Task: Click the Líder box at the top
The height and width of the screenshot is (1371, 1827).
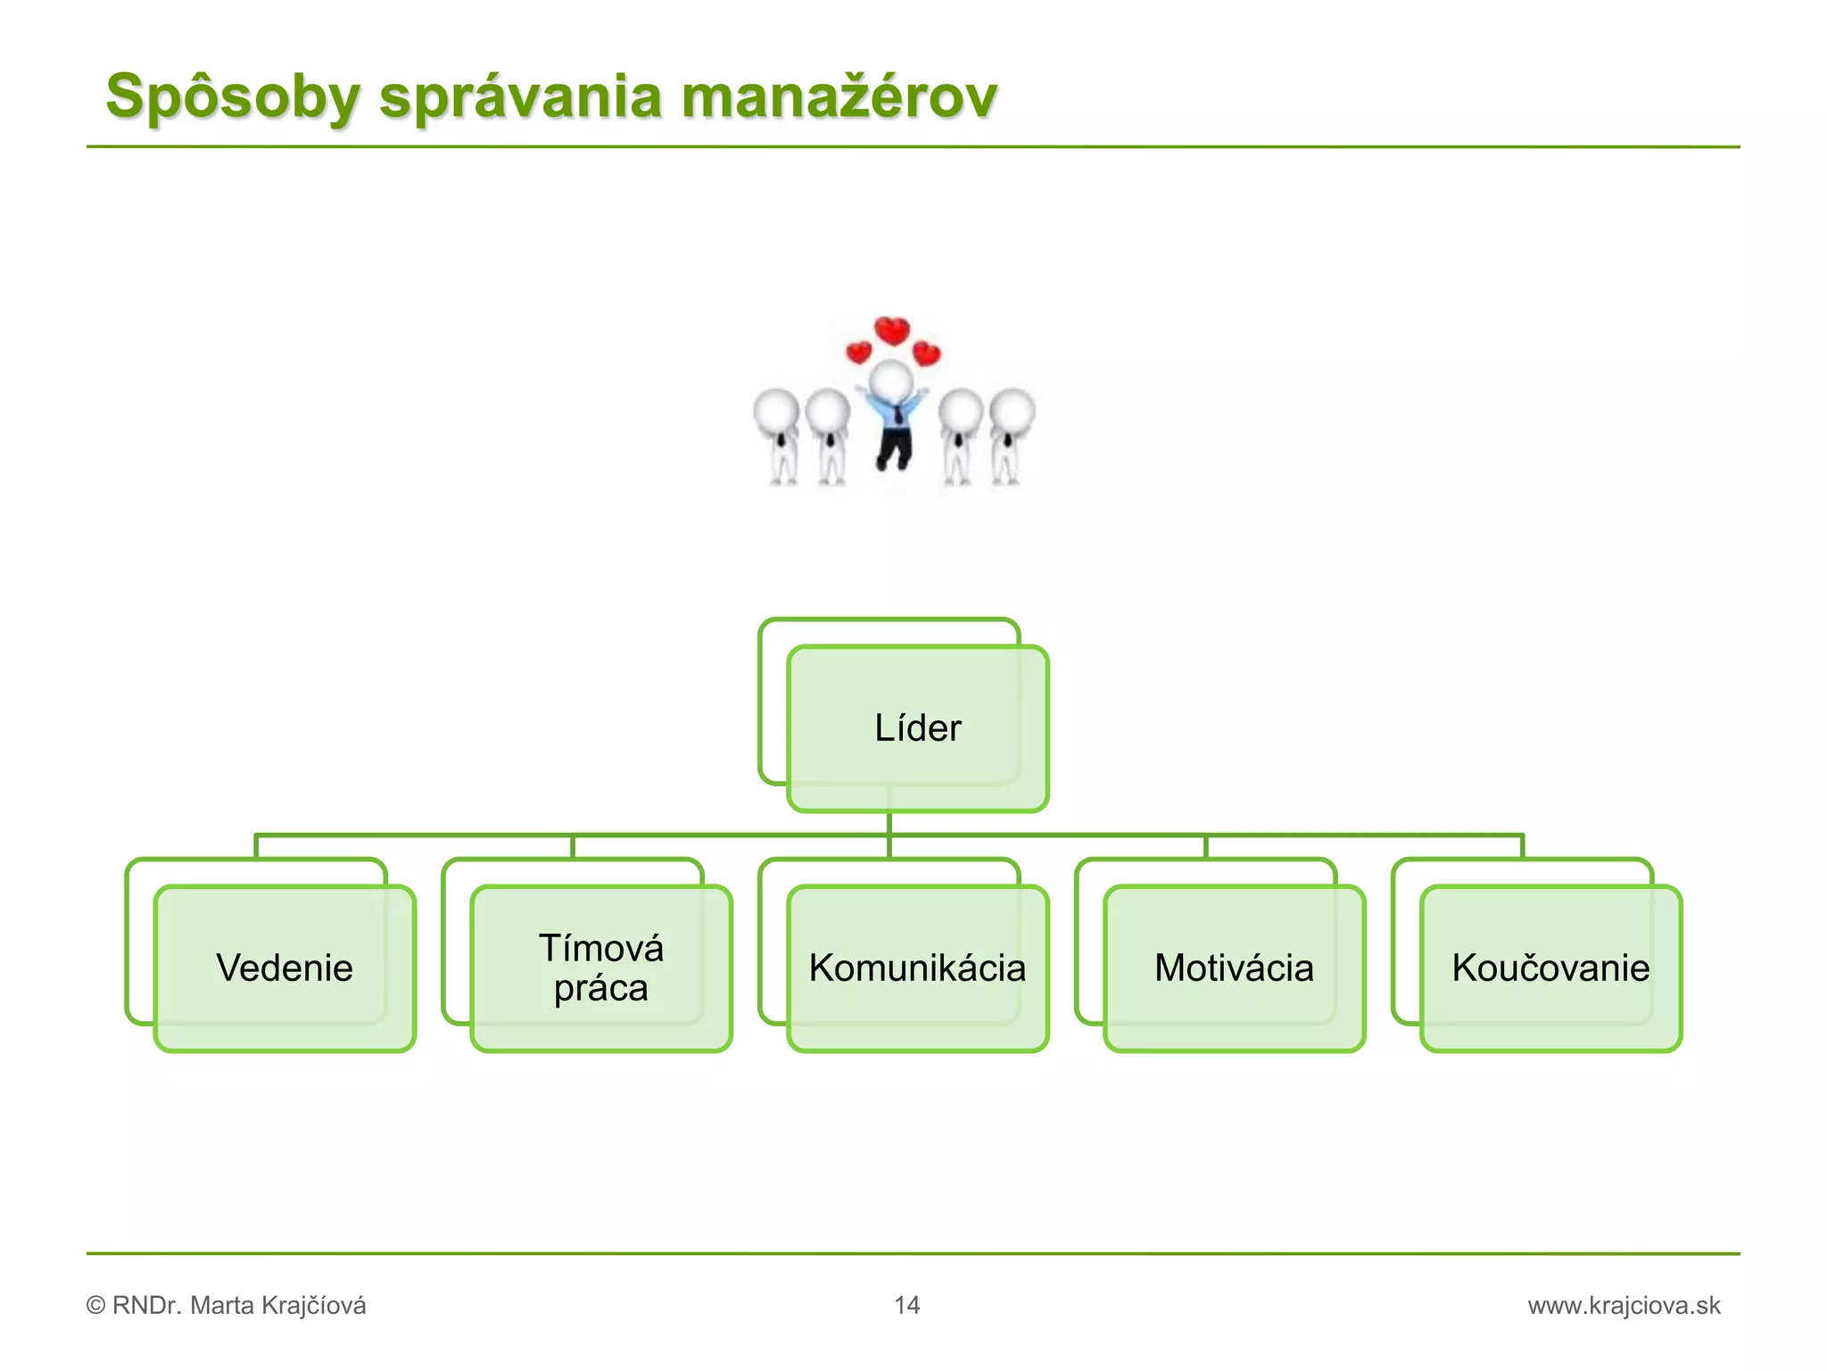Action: point(917,728)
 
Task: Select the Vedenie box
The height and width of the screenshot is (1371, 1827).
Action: point(285,968)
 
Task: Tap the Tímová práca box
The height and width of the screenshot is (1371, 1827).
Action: point(601,968)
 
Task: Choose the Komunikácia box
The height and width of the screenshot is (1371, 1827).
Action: point(917,968)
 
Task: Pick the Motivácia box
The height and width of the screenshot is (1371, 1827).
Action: point(1234,968)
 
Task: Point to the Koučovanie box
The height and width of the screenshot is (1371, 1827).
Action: point(1550,968)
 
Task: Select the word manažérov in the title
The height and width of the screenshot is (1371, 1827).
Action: point(839,96)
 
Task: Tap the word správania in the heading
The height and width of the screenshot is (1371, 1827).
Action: point(520,96)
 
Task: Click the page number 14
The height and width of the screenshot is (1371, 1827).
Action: point(906,1305)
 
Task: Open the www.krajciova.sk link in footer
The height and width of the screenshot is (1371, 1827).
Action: point(1624,1305)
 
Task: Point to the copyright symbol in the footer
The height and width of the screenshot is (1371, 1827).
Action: point(95,1306)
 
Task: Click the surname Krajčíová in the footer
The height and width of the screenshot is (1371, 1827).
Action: point(309,1305)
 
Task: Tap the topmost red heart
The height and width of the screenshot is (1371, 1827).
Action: point(891,331)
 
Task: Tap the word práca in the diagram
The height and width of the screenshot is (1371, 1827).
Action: point(601,988)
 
